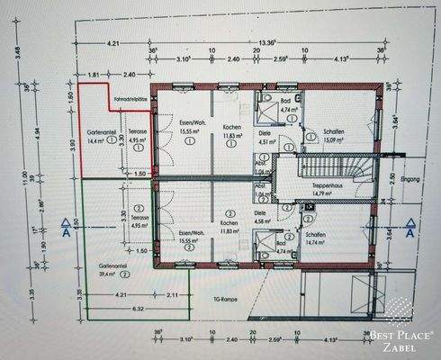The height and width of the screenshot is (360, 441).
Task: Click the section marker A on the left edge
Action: (66, 228)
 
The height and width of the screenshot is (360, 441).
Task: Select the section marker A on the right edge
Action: (409, 227)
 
